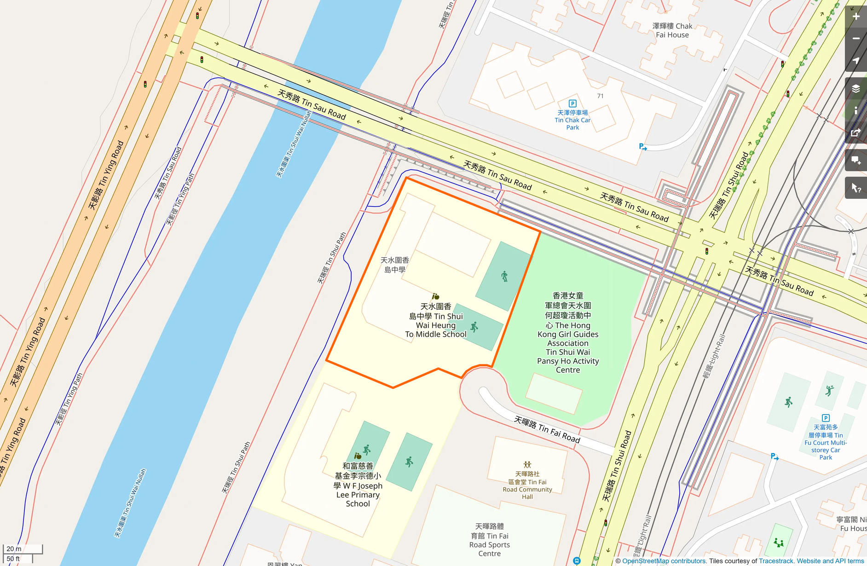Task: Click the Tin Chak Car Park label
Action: click(x=572, y=120)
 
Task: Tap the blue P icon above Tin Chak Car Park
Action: click(x=572, y=104)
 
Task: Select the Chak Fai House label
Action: click(x=672, y=30)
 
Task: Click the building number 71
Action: click(x=600, y=96)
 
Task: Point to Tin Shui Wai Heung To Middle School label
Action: click(x=436, y=320)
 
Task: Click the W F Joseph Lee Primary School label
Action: click(x=358, y=485)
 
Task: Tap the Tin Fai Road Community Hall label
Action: click(x=527, y=485)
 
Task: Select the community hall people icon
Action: click(x=527, y=465)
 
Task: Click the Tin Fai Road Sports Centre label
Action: click(x=489, y=540)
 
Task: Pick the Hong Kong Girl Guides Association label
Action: click(x=568, y=333)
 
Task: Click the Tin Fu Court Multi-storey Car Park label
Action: click(x=826, y=442)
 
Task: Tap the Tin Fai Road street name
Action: click(x=547, y=429)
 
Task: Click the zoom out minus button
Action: click(x=856, y=39)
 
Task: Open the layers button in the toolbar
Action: click(x=856, y=89)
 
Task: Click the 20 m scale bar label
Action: click(x=14, y=549)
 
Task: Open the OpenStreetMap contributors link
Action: click(x=664, y=561)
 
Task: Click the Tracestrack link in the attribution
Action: click(x=776, y=561)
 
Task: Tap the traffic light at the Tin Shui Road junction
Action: click(x=707, y=251)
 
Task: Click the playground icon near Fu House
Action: click(x=779, y=543)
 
